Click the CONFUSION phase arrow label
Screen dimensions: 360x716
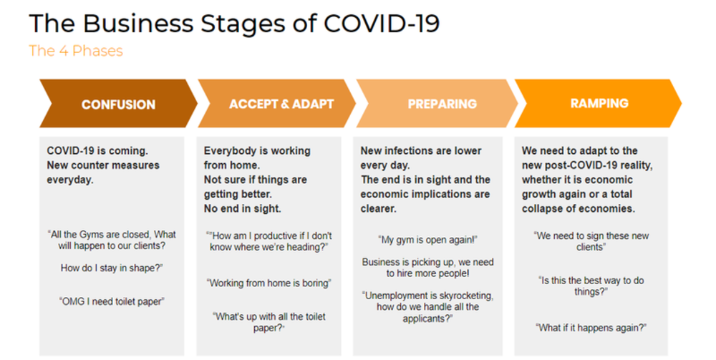(x=118, y=104)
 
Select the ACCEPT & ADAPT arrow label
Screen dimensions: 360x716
(x=281, y=104)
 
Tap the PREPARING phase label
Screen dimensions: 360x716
(x=442, y=104)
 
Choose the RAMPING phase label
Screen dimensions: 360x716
(x=599, y=104)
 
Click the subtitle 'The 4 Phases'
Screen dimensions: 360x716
(x=76, y=51)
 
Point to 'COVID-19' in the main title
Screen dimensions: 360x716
(x=382, y=23)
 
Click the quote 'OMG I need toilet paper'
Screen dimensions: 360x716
(x=111, y=301)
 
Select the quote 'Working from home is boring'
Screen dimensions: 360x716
(x=269, y=283)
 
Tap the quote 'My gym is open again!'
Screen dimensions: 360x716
(x=427, y=239)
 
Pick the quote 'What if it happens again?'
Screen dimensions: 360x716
(x=591, y=327)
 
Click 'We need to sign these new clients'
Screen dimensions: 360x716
(x=591, y=241)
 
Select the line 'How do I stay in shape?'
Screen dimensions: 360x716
(x=111, y=268)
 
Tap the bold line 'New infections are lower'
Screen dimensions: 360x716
(x=421, y=151)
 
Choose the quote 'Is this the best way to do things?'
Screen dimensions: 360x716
(x=591, y=286)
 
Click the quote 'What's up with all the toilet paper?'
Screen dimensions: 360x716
(x=269, y=321)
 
